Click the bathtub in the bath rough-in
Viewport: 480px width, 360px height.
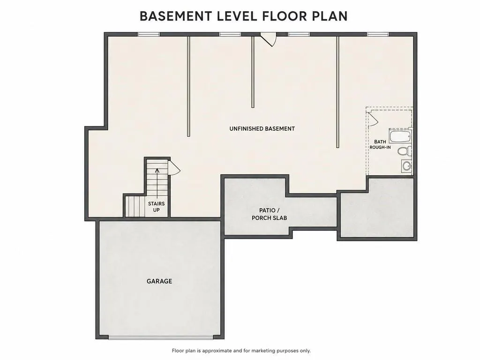tap(400, 136)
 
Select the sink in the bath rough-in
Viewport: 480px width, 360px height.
tap(406, 166)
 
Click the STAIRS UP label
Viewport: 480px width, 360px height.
tap(157, 207)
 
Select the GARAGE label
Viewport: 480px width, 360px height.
tap(159, 281)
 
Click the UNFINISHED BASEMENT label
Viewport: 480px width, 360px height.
tap(262, 128)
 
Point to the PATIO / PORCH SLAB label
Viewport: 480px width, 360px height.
tap(269, 214)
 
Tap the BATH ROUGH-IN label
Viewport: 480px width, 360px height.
tap(380, 144)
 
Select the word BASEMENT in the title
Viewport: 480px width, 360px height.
tap(176, 16)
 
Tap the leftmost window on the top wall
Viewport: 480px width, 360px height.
tap(149, 34)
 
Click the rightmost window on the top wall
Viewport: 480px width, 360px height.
tap(378, 34)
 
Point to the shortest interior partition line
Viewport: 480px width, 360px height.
tap(253, 72)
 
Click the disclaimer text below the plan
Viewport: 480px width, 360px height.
tap(241, 351)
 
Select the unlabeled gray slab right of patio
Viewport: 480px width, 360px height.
tap(377, 208)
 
